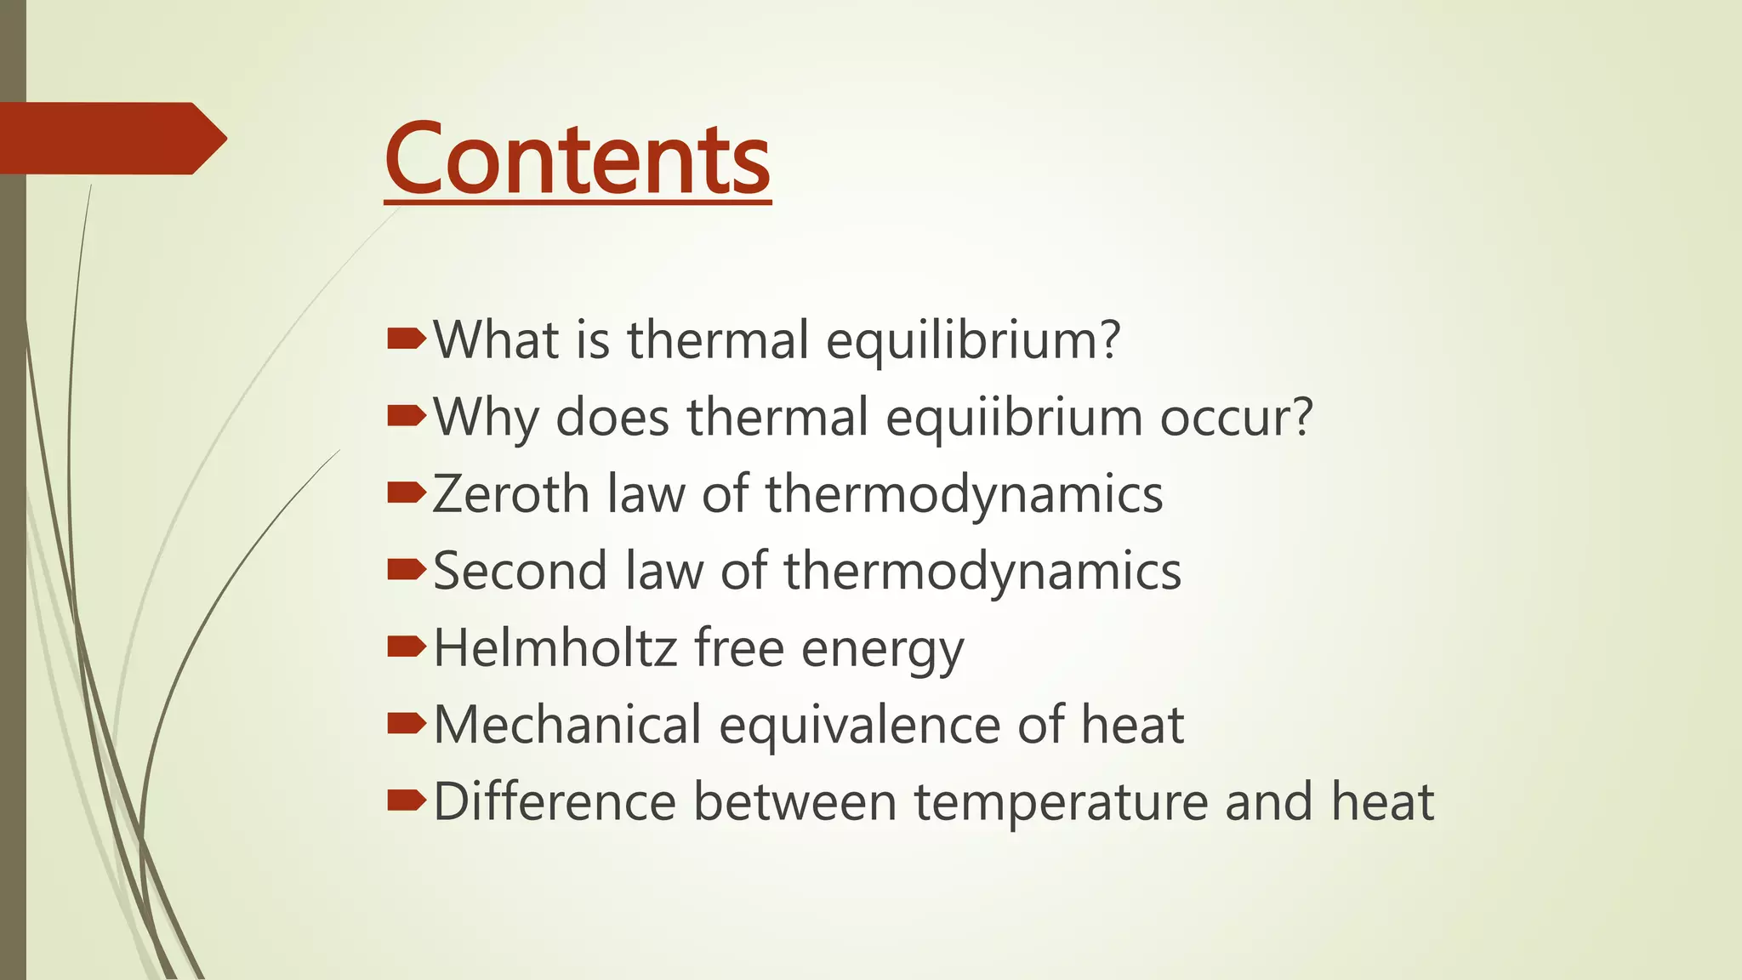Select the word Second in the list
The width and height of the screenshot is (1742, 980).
click(520, 571)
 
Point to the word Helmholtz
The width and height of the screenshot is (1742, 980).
click(555, 648)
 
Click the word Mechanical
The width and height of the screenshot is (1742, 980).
click(567, 725)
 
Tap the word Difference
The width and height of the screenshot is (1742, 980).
click(555, 802)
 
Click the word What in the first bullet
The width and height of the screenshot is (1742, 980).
click(497, 340)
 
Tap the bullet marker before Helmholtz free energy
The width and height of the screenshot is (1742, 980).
click(406, 647)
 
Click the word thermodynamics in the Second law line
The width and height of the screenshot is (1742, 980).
click(982, 571)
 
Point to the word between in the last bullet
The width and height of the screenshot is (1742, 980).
click(795, 802)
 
